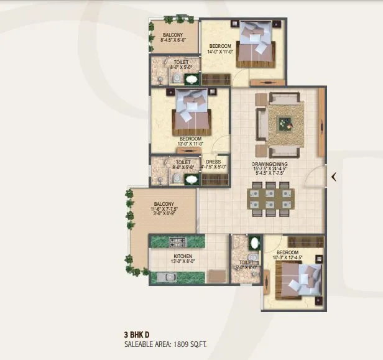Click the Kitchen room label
click(183, 256)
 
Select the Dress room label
click(213, 161)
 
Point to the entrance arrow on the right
click(334, 177)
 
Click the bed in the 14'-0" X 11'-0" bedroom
click(254, 45)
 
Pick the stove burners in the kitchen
click(172, 242)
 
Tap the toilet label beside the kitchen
click(245, 263)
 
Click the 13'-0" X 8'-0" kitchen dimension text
click(182, 262)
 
